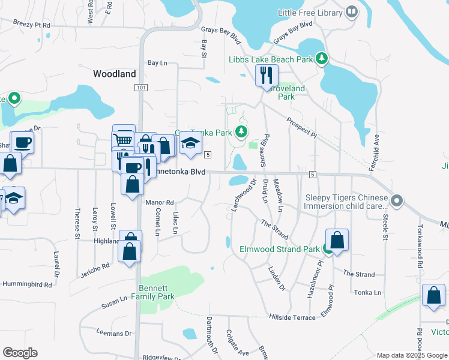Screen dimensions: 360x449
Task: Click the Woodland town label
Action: point(114,74)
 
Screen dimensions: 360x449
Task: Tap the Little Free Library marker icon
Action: point(352,11)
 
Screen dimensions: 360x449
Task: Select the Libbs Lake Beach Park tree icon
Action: point(322,58)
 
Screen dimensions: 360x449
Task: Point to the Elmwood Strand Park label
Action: point(280,248)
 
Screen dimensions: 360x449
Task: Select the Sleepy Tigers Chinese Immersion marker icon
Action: point(396,200)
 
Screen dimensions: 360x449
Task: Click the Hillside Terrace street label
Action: point(292,317)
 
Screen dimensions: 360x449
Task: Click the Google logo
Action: point(20,352)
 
